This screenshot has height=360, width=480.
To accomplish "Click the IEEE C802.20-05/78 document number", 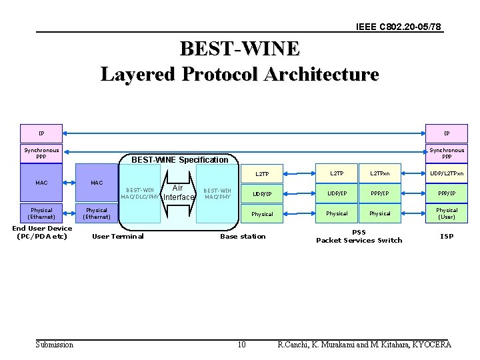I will [398, 27].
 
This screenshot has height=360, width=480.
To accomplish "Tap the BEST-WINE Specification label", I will [179, 159].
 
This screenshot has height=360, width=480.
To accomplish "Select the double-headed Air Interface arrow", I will [177, 193].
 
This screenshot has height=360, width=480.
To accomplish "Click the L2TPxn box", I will [380, 173].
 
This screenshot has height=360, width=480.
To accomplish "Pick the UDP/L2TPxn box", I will [447, 173].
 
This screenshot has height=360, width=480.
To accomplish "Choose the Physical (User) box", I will [447, 213].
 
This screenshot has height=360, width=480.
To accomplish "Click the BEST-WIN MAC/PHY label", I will [217, 193].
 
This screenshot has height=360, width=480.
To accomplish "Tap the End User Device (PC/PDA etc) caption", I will [42, 232].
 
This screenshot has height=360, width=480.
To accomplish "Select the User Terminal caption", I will [117, 236].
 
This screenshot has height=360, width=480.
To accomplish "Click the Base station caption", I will [243, 236].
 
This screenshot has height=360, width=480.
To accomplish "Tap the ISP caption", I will [447, 236].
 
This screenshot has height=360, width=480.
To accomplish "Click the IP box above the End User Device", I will [41, 133].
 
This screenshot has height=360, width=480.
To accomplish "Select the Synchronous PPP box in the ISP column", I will [447, 153].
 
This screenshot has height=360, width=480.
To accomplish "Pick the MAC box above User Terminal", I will [97, 182].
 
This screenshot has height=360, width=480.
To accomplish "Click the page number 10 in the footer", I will [241, 344].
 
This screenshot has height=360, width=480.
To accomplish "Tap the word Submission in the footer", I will [55, 344].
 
